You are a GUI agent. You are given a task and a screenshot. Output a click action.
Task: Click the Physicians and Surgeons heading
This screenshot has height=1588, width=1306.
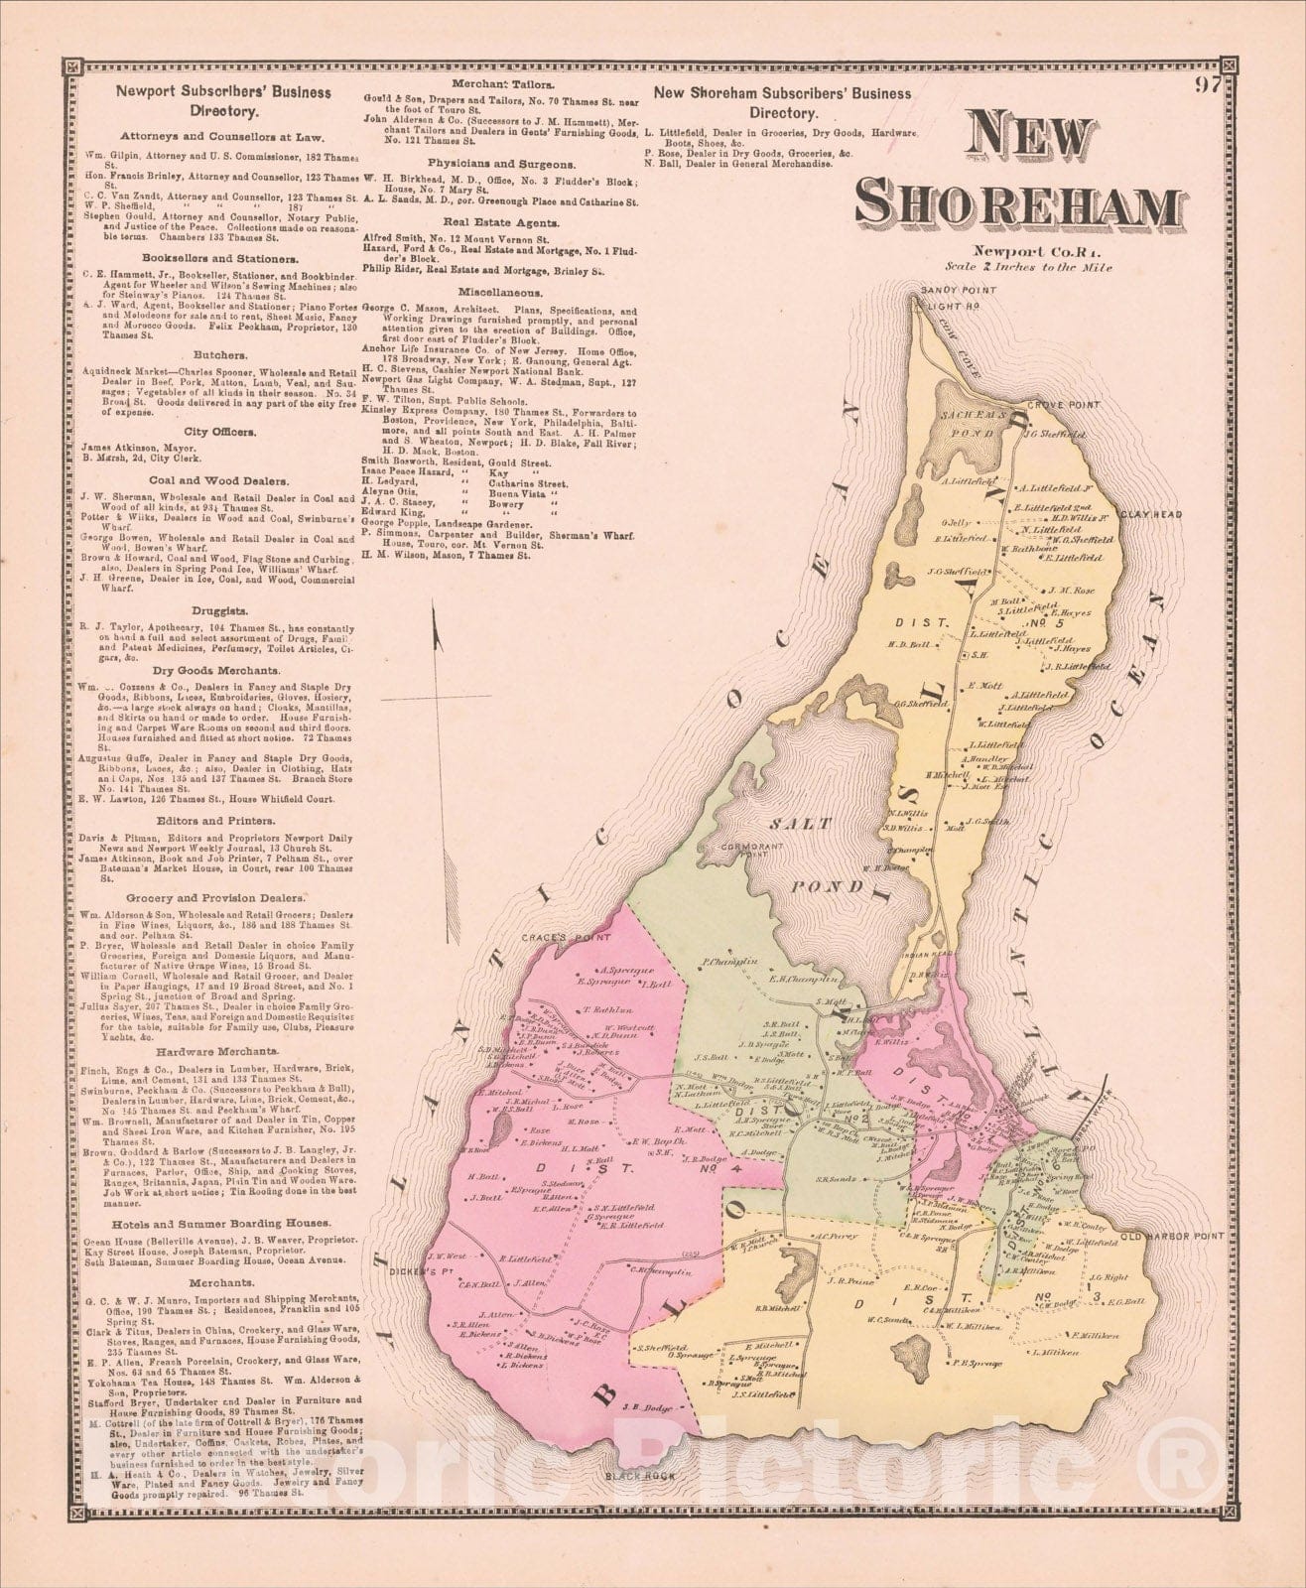coord(499,162)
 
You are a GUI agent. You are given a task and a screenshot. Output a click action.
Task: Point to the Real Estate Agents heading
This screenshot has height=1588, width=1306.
coord(499,224)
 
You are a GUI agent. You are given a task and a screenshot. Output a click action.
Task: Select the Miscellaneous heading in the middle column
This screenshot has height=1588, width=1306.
coord(499,294)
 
